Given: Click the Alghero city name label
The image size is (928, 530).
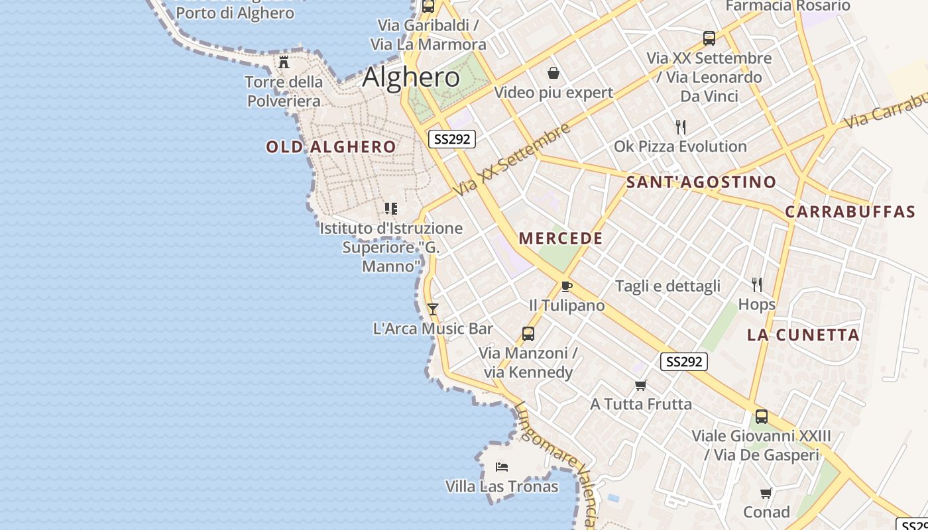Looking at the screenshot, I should (411, 78).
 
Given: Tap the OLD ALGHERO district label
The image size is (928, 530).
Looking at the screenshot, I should (331, 147).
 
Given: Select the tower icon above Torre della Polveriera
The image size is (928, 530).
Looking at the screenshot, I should (284, 62).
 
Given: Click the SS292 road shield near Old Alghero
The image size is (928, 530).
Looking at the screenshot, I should (451, 139).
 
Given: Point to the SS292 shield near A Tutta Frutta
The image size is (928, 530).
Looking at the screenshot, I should (684, 362).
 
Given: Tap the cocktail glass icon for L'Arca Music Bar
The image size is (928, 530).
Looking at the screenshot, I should (433, 309).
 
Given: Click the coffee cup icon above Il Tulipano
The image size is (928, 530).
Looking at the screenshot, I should (566, 286).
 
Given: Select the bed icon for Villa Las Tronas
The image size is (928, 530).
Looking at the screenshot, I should (502, 467).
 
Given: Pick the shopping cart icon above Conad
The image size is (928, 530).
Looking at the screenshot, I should (766, 493).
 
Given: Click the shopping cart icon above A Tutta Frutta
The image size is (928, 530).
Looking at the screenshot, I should (640, 385).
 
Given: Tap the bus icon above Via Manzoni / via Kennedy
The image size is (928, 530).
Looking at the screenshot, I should (528, 333).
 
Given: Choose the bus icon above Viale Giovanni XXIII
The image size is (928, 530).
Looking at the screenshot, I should (762, 417).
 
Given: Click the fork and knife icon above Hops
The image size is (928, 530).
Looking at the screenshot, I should (757, 285).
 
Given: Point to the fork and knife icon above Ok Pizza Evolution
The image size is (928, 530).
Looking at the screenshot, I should (680, 127).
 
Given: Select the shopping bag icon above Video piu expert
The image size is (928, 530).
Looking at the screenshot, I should (553, 73).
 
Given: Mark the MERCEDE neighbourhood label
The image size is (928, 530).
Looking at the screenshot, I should (561, 238).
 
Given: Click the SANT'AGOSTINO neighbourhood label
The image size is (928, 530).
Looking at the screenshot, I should (701, 182).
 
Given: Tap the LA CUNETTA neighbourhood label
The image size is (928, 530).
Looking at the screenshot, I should (803, 335).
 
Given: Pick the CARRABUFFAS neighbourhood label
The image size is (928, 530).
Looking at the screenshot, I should (850, 212).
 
